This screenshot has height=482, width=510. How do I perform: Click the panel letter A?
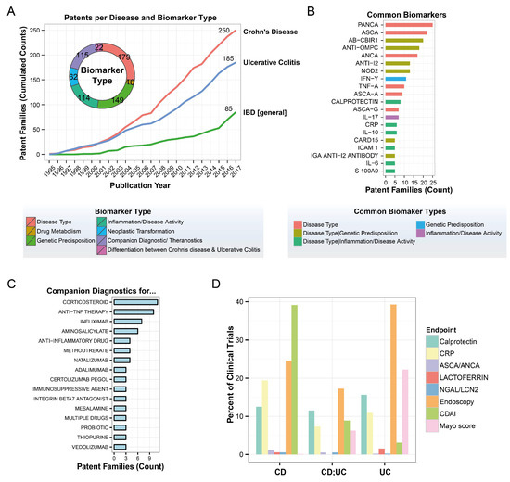point(6,8)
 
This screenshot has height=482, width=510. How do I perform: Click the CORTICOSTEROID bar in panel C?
point(144,302)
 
